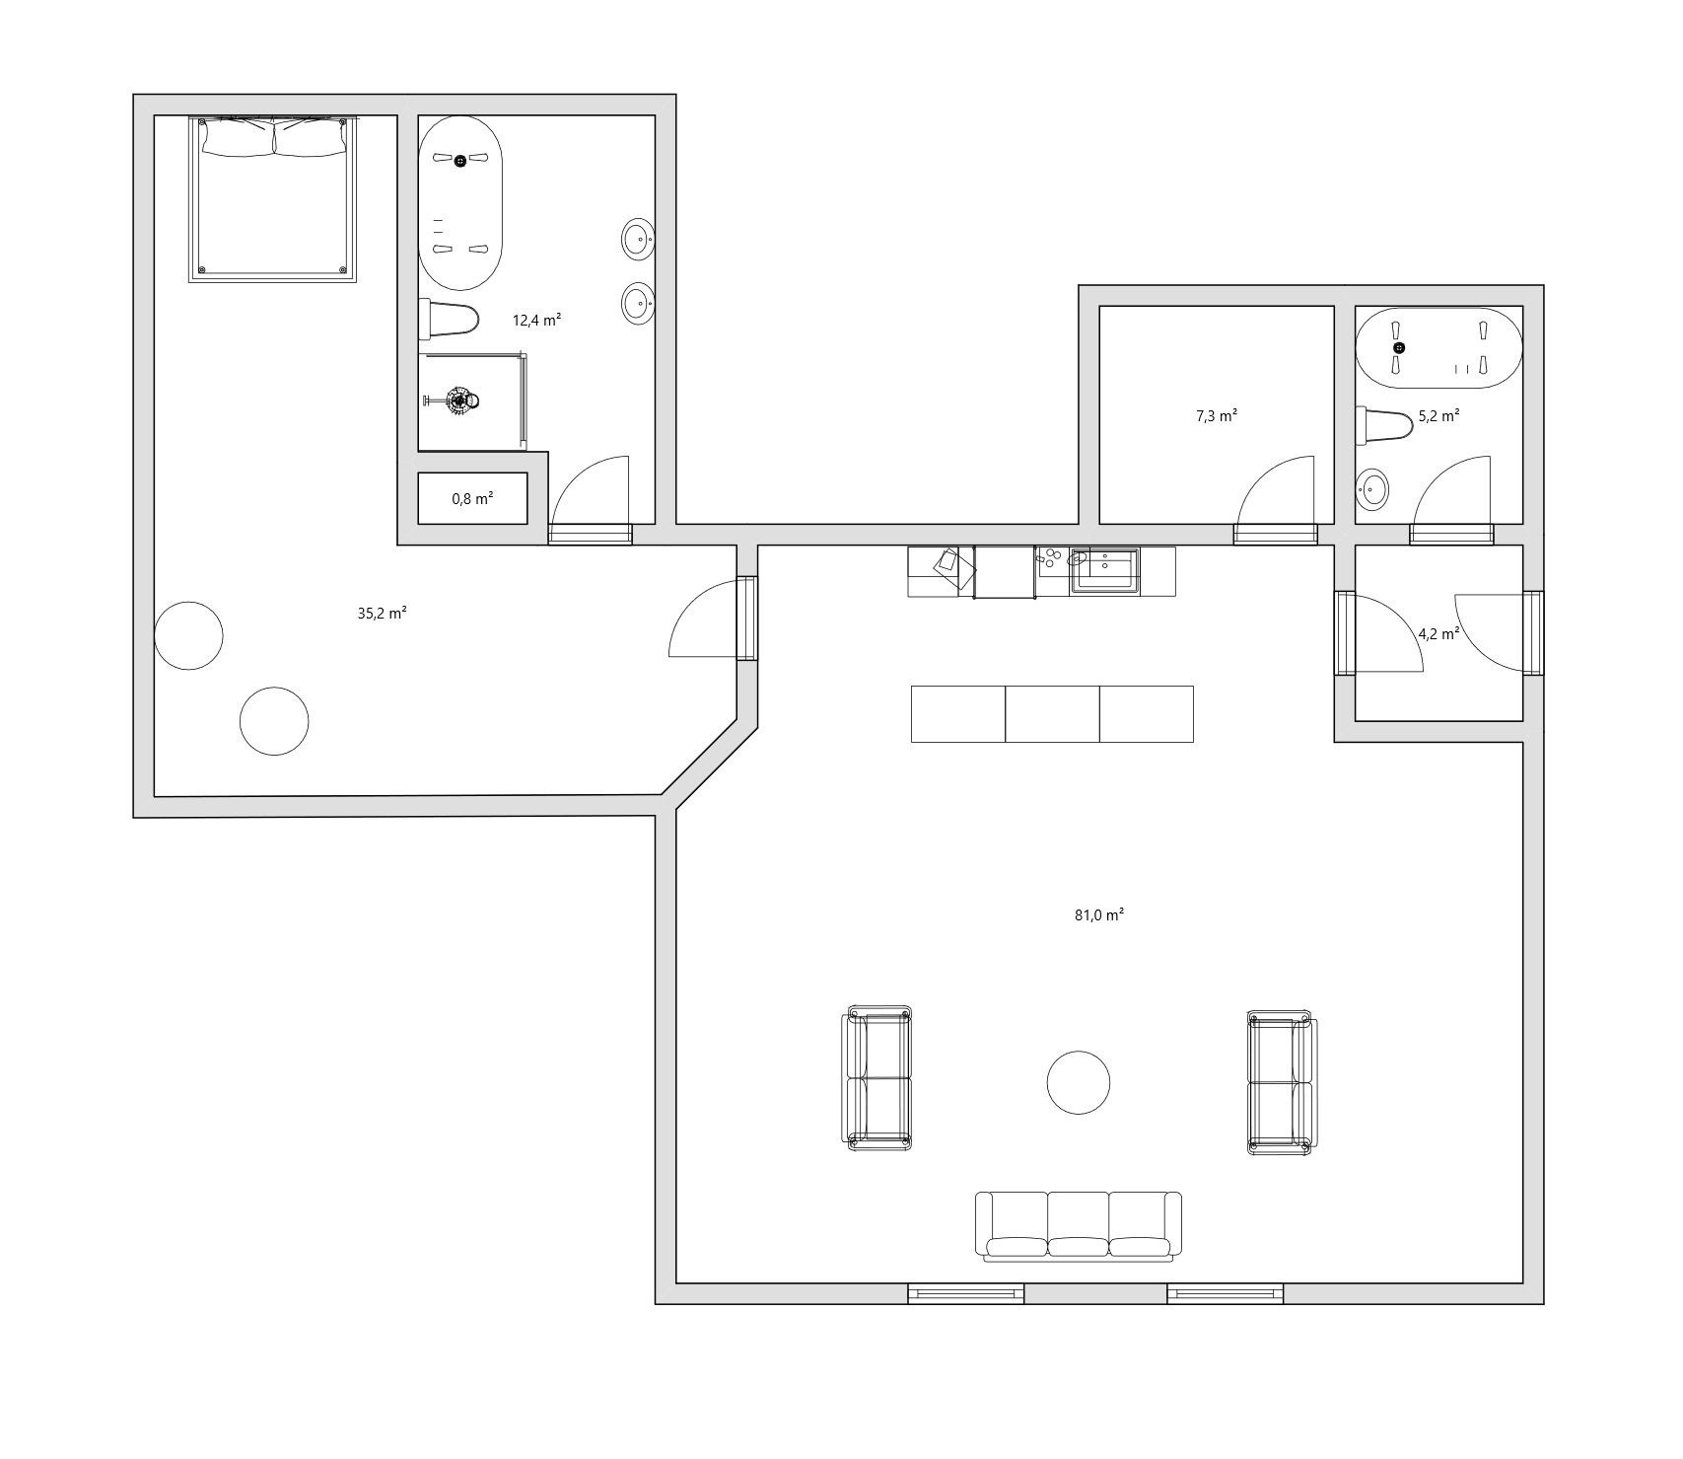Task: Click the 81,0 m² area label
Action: (1099, 914)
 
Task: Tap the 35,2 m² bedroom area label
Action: (383, 613)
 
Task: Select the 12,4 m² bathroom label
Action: (536, 320)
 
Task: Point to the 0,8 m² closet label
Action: (472, 499)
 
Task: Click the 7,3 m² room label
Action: (1217, 416)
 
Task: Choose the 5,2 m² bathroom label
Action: (1438, 416)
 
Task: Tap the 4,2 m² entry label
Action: (1438, 634)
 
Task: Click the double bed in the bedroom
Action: (273, 198)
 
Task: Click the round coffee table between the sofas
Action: (1078, 1082)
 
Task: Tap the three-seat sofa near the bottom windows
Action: (1079, 1226)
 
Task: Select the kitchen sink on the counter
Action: (1105, 571)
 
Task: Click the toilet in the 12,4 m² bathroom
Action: (449, 319)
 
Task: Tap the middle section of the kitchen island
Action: (1052, 714)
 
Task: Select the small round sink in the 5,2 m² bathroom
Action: (1373, 488)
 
